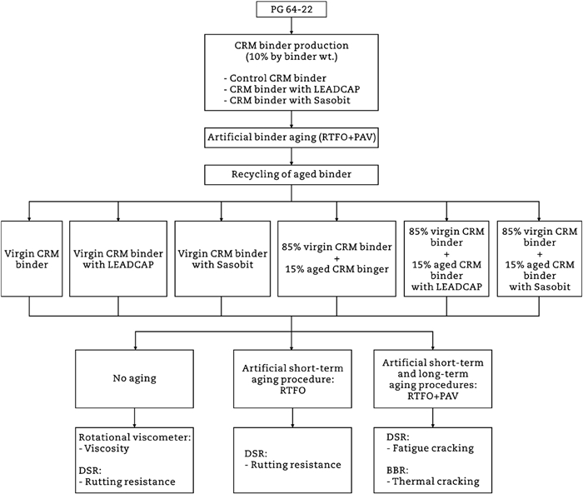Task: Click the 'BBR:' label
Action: pos(399,469)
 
